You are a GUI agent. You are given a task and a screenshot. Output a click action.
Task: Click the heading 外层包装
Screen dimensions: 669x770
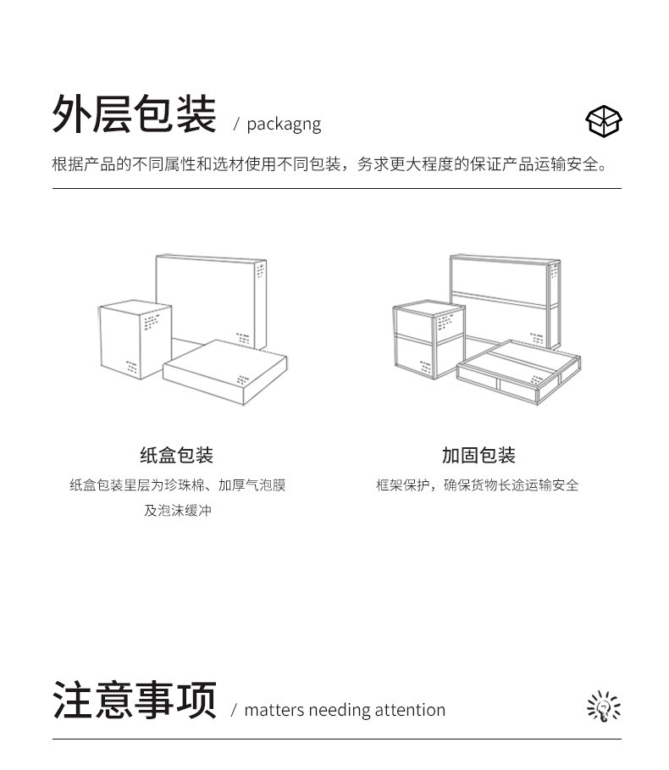click(x=134, y=114)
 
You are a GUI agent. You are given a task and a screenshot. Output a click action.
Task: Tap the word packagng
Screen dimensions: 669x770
click(x=284, y=124)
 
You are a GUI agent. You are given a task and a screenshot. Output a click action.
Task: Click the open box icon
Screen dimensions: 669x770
click(x=604, y=121)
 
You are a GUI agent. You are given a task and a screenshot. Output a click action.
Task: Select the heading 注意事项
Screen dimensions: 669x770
click(x=134, y=700)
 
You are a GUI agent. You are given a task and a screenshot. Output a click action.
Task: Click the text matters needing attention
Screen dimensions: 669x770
click(x=344, y=710)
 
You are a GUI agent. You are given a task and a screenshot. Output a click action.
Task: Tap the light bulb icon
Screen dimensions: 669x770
click(x=604, y=706)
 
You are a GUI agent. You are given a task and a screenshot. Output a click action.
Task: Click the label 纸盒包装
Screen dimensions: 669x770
click(x=176, y=455)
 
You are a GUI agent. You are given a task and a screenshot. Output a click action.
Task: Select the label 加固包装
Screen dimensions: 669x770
click(x=478, y=455)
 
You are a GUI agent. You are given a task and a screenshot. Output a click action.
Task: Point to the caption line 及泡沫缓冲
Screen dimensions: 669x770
click(x=177, y=511)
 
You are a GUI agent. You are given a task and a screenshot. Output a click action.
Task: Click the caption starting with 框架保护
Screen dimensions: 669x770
click(x=478, y=485)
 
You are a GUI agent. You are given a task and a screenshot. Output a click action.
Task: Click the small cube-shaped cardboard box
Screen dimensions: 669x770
click(x=135, y=340)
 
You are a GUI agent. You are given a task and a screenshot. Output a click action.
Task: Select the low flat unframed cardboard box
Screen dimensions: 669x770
click(x=225, y=372)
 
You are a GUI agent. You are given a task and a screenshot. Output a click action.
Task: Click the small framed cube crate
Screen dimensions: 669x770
click(x=429, y=340)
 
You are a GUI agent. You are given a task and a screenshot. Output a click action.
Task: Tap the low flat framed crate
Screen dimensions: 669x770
click(x=519, y=371)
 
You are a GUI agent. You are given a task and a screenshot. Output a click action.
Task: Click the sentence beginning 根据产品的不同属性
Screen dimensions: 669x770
click(x=330, y=164)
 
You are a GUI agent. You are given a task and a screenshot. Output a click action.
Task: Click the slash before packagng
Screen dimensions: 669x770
click(x=236, y=125)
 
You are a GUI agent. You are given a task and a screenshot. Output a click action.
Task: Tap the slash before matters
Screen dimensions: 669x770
click(x=234, y=711)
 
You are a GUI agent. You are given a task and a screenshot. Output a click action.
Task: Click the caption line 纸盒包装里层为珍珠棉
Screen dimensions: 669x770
click(x=177, y=485)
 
